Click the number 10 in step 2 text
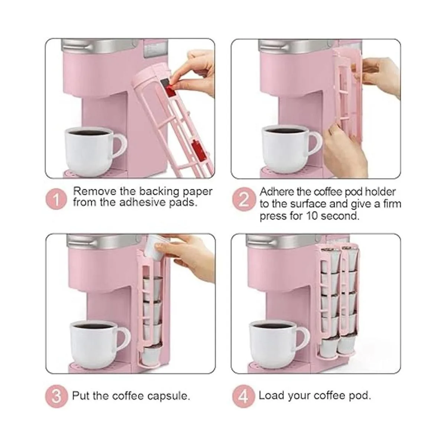(312, 216)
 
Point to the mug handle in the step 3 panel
(124, 338)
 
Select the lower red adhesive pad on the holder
(197, 149)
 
